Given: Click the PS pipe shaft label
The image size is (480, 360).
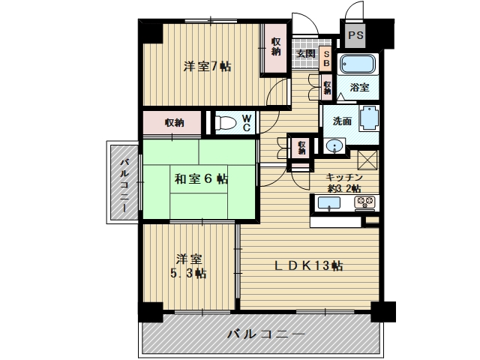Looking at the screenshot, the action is (x=355, y=35).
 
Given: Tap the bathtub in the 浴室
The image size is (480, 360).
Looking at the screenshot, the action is (x=358, y=64).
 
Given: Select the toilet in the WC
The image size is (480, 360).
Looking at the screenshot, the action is (x=226, y=123).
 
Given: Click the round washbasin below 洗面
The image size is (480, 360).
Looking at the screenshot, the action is (x=334, y=145).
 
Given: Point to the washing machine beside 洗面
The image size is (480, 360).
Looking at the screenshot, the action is (x=369, y=118).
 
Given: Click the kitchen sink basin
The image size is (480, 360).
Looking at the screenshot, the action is (x=329, y=203).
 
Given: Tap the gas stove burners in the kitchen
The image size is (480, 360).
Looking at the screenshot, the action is (x=364, y=202).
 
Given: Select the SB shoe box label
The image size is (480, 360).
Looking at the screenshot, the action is (x=326, y=58).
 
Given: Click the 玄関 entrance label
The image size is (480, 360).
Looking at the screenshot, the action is (x=305, y=54).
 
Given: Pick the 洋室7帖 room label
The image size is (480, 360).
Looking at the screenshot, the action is (x=207, y=67).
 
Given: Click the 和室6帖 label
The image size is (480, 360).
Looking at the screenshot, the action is (x=201, y=178).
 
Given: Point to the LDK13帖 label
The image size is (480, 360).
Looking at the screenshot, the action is (x=307, y=265).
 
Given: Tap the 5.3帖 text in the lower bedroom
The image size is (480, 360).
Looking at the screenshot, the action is (x=188, y=273).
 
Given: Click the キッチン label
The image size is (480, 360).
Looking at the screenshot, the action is (x=343, y=177).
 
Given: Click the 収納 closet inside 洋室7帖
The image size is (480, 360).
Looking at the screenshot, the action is (x=275, y=48).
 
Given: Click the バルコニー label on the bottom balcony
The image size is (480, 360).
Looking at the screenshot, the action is (x=265, y=334).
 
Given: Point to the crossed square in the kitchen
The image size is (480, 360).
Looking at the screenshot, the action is (x=367, y=160).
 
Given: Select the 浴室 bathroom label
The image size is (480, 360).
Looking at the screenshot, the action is (x=359, y=87).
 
